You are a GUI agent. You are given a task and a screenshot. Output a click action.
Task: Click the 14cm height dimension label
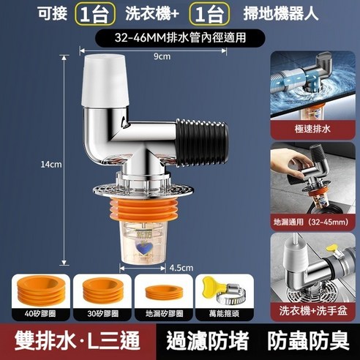(x=50, y=165)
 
